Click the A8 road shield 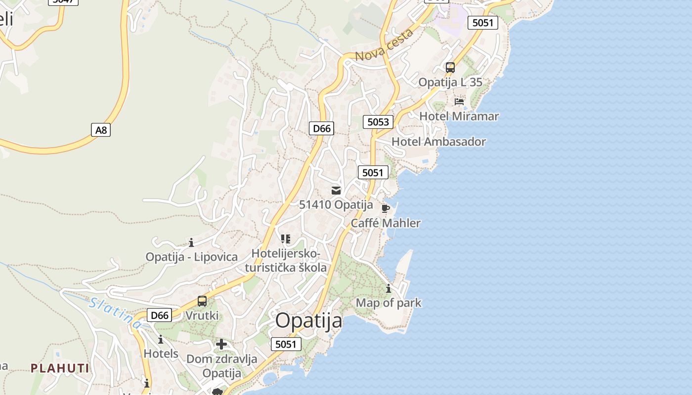coord(101,130)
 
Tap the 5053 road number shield coord(378,121)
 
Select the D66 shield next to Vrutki coord(160,315)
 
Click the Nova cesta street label coord(384,45)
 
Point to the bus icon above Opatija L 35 coord(450,68)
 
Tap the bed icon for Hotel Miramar coord(459,102)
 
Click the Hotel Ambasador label coord(438,142)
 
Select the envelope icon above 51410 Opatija coord(336,191)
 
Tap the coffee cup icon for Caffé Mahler coord(386,208)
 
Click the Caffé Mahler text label coord(386,223)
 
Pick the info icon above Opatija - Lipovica coord(191,242)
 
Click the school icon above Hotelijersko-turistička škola coord(285,239)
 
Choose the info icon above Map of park coord(389,288)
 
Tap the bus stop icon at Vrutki coord(202,301)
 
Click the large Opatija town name coord(308,320)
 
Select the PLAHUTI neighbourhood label coord(60,368)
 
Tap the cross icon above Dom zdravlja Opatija coord(221,344)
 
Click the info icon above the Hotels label coord(160,340)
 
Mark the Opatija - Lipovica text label coord(191,257)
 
